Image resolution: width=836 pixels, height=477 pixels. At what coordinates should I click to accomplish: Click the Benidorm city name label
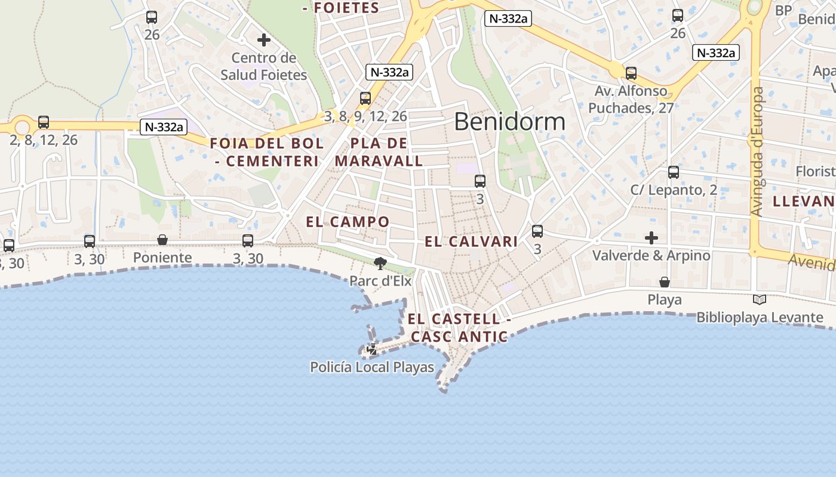pyautogui.click(x=509, y=122)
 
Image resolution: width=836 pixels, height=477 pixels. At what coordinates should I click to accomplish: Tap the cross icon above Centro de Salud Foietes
pyautogui.click(x=264, y=41)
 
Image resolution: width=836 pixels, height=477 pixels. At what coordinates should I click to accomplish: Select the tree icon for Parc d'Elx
pyautogui.click(x=380, y=263)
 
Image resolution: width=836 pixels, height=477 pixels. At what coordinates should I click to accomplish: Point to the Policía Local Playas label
pyautogui.click(x=372, y=367)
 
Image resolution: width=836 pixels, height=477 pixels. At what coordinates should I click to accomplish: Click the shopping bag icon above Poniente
pyautogui.click(x=162, y=240)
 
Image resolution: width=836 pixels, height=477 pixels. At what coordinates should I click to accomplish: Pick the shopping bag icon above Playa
pyautogui.click(x=664, y=281)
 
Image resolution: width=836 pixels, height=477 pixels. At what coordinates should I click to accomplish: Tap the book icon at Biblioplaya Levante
pyautogui.click(x=760, y=299)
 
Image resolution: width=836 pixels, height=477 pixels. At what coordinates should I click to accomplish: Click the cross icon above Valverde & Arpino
pyautogui.click(x=651, y=238)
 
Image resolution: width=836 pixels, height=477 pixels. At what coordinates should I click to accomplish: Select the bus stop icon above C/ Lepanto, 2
pyautogui.click(x=674, y=172)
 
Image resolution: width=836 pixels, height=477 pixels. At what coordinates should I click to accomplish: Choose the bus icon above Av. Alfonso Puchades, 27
pyautogui.click(x=631, y=73)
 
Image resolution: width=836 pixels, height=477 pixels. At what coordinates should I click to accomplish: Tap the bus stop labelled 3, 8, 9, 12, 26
pyautogui.click(x=365, y=98)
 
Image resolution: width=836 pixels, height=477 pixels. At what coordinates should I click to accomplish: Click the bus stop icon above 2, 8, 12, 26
pyautogui.click(x=44, y=122)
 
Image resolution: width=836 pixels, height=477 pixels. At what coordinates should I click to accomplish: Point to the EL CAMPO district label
pyautogui.click(x=348, y=222)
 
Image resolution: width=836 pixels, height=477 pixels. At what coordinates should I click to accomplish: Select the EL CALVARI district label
pyautogui.click(x=471, y=241)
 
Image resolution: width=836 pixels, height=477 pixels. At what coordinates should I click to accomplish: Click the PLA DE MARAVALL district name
pyautogui.click(x=379, y=152)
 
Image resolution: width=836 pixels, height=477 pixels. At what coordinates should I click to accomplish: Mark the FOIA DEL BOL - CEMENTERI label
pyautogui.click(x=266, y=152)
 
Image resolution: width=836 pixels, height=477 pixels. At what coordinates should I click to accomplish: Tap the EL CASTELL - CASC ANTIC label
pyautogui.click(x=459, y=328)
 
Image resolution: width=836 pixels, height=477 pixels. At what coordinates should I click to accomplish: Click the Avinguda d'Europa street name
pyautogui.click(x=757, y=152)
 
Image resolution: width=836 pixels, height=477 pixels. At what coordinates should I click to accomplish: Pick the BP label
pyautogui.click(x=783, y=10)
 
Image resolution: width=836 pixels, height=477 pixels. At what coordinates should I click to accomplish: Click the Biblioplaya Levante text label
pyautogui.click(x=760, y=317)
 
